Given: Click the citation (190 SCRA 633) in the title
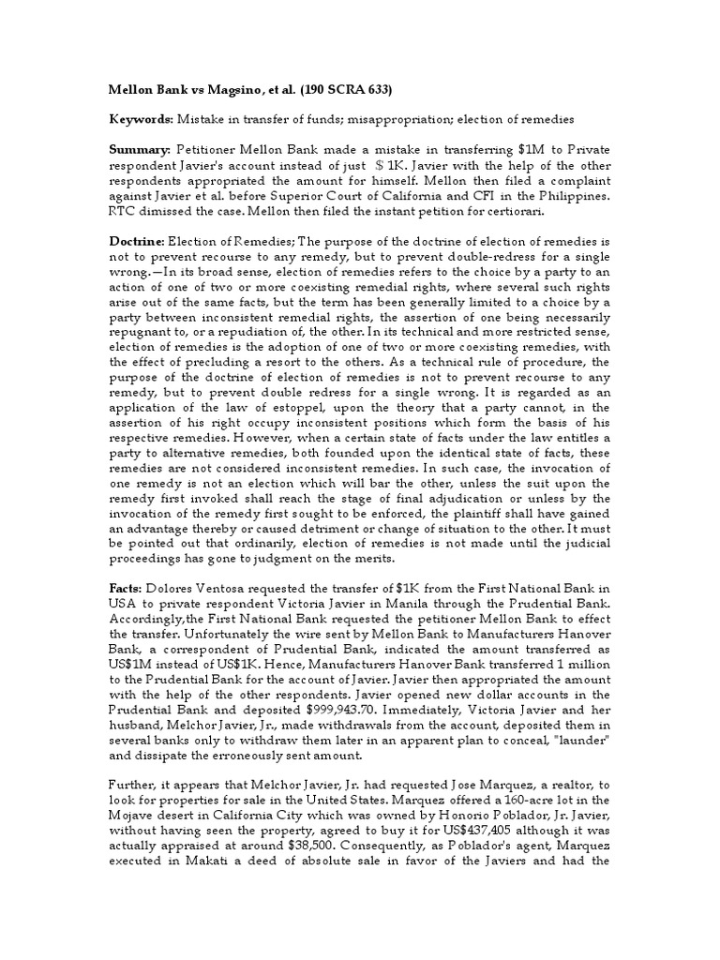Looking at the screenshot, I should pyautogui.click(x=343, y=91).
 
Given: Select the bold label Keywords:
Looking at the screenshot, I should pyautogui.click(x=134, y=120).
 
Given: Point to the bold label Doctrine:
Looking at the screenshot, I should pyautogui.click(x=133, y=241).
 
